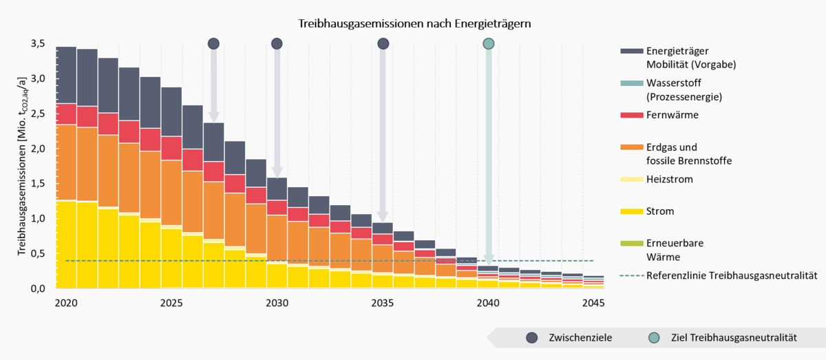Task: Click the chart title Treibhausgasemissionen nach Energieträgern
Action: (414, 23)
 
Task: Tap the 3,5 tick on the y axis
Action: (37, 43)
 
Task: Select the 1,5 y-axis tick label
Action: (37, 184)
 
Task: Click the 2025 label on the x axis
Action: (171, 303)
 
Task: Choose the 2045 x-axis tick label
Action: (593, 303)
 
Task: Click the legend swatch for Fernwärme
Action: (630, 115)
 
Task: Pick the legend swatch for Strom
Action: (630, 211)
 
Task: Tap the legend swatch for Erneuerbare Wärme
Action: (630, 244)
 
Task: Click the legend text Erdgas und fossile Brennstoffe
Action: (688, 153)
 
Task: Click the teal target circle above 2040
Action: (489, 44)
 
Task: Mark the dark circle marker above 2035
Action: (383, 44)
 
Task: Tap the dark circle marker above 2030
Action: (277, 44)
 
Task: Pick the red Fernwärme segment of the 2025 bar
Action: (171, 148)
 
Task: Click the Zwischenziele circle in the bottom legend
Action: (531, 338)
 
